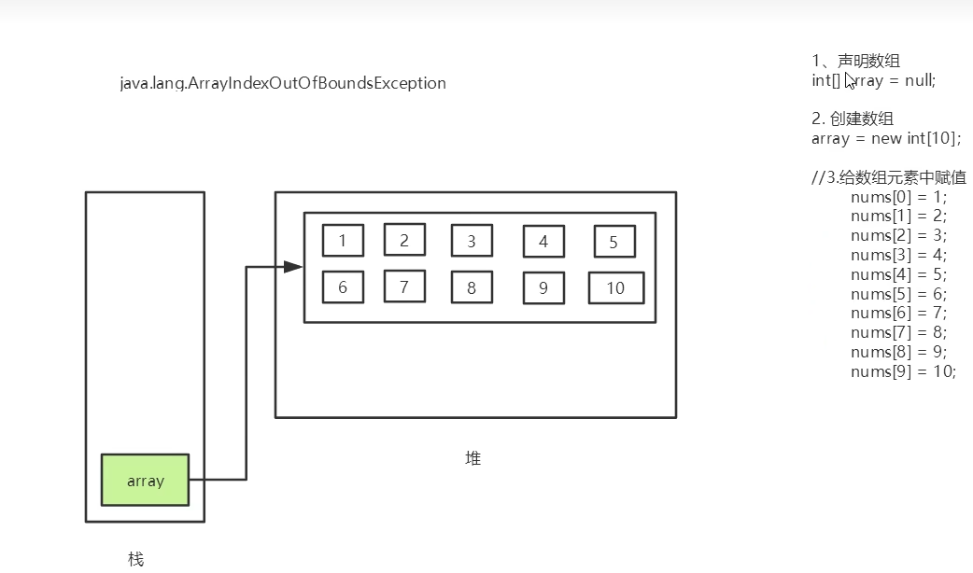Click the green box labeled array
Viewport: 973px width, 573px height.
pyautogui.click(x=145, y=480)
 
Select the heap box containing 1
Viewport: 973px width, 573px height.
pyautogui.click(x=343, y=241)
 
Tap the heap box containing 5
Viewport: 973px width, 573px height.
pyautogui.click(x=613, y=242)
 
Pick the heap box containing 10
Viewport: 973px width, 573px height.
pyautogui.click(x=615, y=287)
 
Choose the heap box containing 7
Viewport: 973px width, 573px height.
pyautogui.click(x=404, y=286)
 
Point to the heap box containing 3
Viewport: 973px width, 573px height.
pyautogui.click(x=472, y=241)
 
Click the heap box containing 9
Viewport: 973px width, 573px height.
pyautogui.click(x=543, y=288)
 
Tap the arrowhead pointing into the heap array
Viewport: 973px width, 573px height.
pyautogui.click(x=293, y=267)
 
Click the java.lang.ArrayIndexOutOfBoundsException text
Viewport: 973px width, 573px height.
pyautogui.click(x=283, y=83)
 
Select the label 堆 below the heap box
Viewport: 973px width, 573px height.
pyautogui.click(x=473, y=458)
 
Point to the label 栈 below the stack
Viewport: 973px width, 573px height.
pyautogui.click(x=136, y=559)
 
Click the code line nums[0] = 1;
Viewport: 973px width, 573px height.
pyautogui.click(x=898, y=197)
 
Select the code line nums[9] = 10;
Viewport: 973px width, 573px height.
pyautogui.click(x=903, y=371)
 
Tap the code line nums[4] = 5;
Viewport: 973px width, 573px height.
pyautogui.click(x=898, y=274)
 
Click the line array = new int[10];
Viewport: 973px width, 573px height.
pyautogui.click(x=886, y=138)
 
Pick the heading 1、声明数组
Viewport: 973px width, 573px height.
pyautogui.click(x=855, y=62)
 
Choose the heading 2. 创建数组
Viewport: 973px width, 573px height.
pyautogui.click(x=853, y=119)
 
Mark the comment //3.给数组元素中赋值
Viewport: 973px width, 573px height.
pyautogui.click(x=889, y=177)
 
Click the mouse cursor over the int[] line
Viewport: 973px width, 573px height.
pyautogui.click(x=850, y=80)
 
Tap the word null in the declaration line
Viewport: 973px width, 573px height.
pyautogui.click(x=918, y=80)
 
